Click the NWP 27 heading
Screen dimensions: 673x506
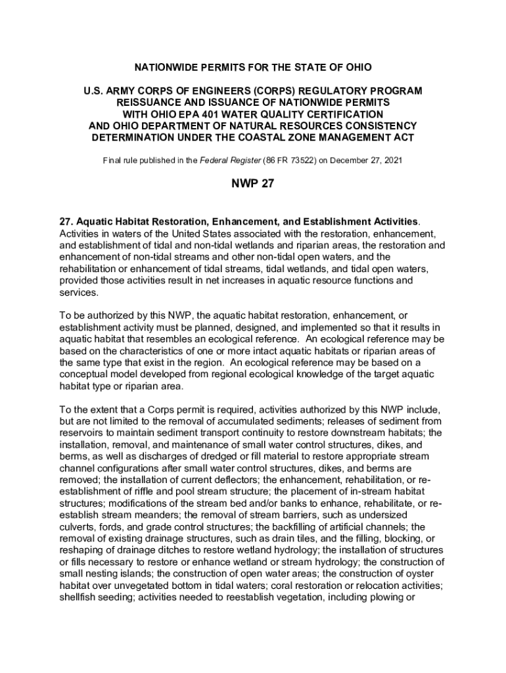(x=252, y=184)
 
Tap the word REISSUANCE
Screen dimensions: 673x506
(x=148, y=103)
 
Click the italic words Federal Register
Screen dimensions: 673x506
(x=234, y=160)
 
